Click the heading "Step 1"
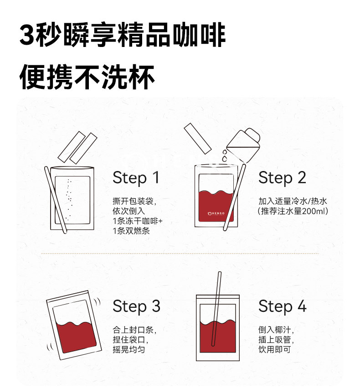coord(136,178)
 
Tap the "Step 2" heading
coord(282,178)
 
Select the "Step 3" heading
coord(136,306)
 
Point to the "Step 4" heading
coord(283,306)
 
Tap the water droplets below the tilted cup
coord(224,155)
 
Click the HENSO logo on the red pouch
coord(216,213)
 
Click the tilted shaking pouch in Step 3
coord(74,325)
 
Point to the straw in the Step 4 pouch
coord(216,309)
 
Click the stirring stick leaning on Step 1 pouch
coord(56,200)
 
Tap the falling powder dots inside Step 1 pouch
coord(69,200)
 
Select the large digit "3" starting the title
coord(27,35)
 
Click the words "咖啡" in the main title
coord(199,35)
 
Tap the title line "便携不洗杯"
coord(87,77)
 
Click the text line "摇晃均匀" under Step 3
coord(129,350)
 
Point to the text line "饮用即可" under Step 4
coord(274,350)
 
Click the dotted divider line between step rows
coord(180,254)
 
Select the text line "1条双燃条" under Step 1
coord(131,231)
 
